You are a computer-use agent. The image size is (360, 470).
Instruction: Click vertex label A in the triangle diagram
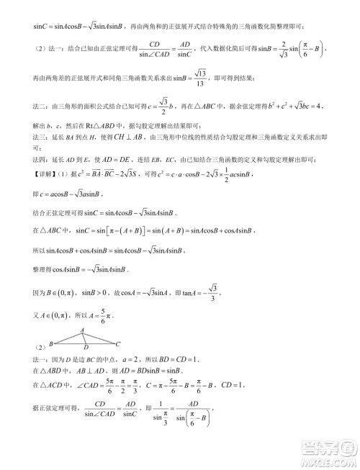82,330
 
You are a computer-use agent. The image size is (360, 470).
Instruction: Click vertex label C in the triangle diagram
119,345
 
